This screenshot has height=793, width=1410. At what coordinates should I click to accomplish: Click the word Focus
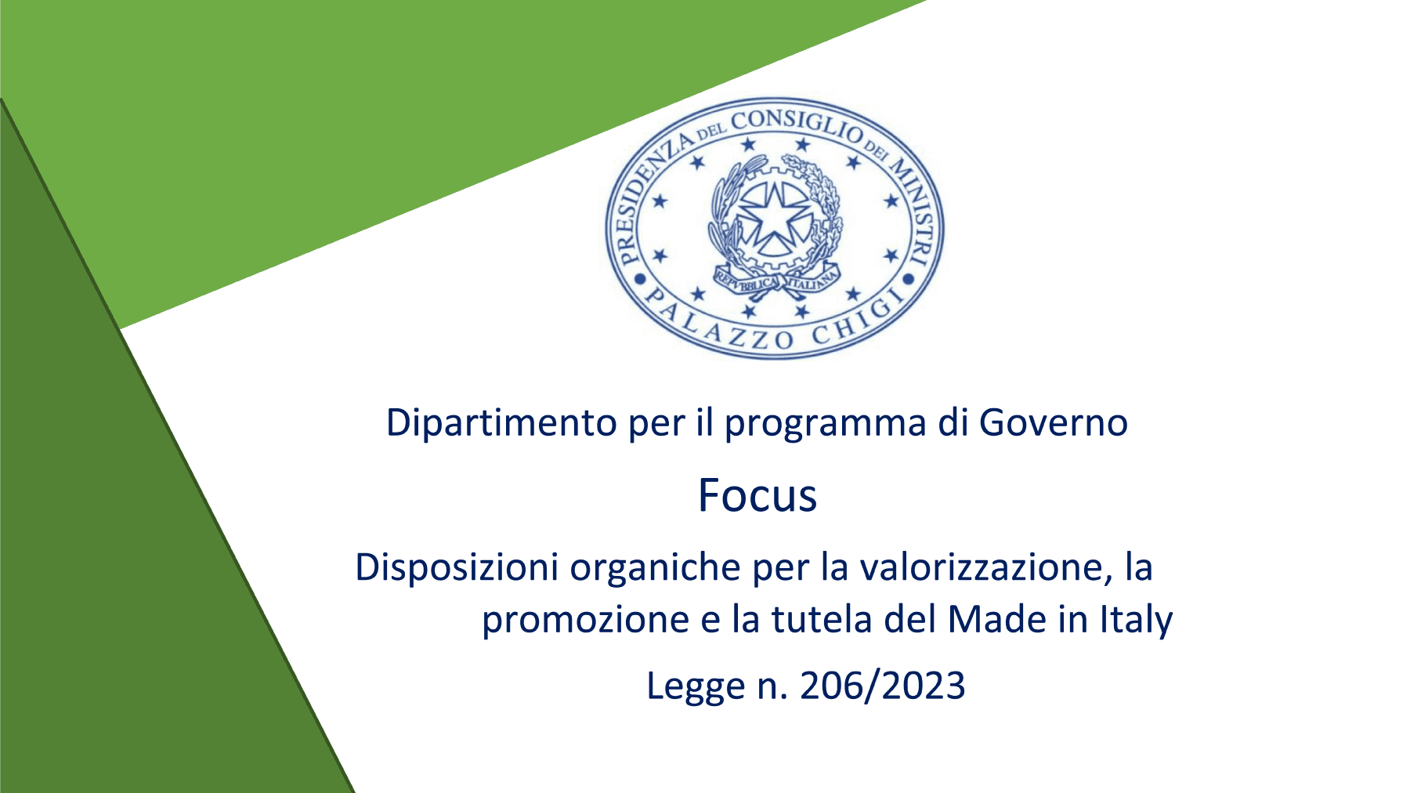tap(757, 496)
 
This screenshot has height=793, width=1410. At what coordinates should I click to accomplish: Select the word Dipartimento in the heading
tap(501, 423)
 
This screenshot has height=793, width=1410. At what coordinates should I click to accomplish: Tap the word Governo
tap(1053, 423)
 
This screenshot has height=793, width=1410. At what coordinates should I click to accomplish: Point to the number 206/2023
tap(883, 686)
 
